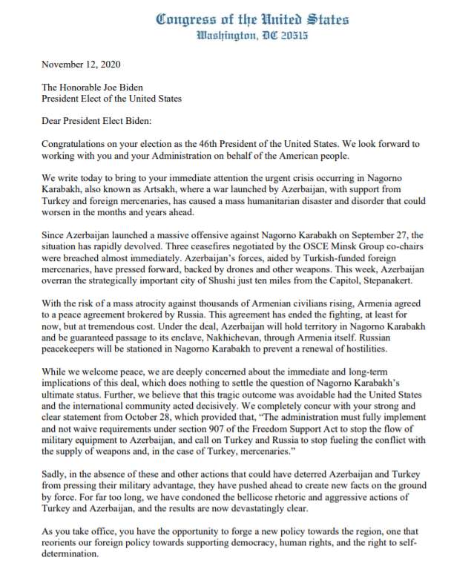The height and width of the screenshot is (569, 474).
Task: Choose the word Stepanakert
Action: [415, 280]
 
